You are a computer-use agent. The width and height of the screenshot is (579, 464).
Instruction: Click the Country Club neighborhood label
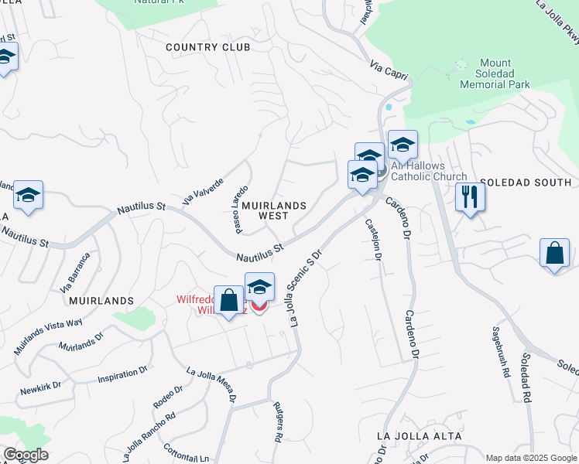click(x=208, y=47)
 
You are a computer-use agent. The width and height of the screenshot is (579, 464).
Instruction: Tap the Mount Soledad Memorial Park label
click(x=504, y=73)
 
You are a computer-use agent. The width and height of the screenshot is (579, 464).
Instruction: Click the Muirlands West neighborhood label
click(x=273, y=211)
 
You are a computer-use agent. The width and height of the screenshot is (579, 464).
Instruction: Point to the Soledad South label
click(x=526, y=183)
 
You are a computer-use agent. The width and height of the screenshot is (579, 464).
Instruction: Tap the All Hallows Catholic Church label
click(x=429, y=171)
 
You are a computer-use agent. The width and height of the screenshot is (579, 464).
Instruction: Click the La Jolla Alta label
click(x=419, y=436)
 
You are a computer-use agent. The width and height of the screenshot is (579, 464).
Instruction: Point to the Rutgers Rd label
click(x=277, y=421)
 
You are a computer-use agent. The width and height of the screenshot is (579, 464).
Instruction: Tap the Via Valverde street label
click(x=203, y=190)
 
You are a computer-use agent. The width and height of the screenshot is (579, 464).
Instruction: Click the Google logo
click(x=25, y=455)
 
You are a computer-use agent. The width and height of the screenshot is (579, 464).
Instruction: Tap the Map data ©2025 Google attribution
click(x=530, y=457)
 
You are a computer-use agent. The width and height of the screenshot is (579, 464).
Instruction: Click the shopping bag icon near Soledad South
click(x=554, y=254)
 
